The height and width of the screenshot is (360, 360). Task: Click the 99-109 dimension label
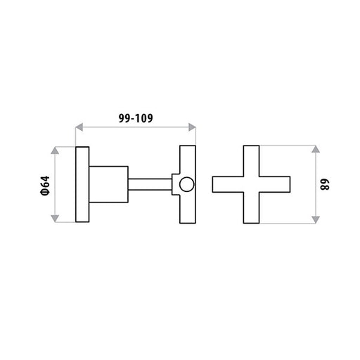136,118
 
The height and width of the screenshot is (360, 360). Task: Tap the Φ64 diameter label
45,186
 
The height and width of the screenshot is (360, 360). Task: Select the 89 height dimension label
325,184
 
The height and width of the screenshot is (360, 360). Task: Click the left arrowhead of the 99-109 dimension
79,127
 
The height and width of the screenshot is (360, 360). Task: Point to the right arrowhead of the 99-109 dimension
192,127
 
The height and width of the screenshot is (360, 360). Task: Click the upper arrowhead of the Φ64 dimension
55,150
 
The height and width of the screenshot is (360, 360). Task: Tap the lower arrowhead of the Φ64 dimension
55,219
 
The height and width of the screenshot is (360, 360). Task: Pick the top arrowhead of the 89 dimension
316,149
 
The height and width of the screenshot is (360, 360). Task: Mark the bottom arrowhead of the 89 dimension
316,219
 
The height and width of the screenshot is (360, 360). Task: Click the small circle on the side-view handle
187,184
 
